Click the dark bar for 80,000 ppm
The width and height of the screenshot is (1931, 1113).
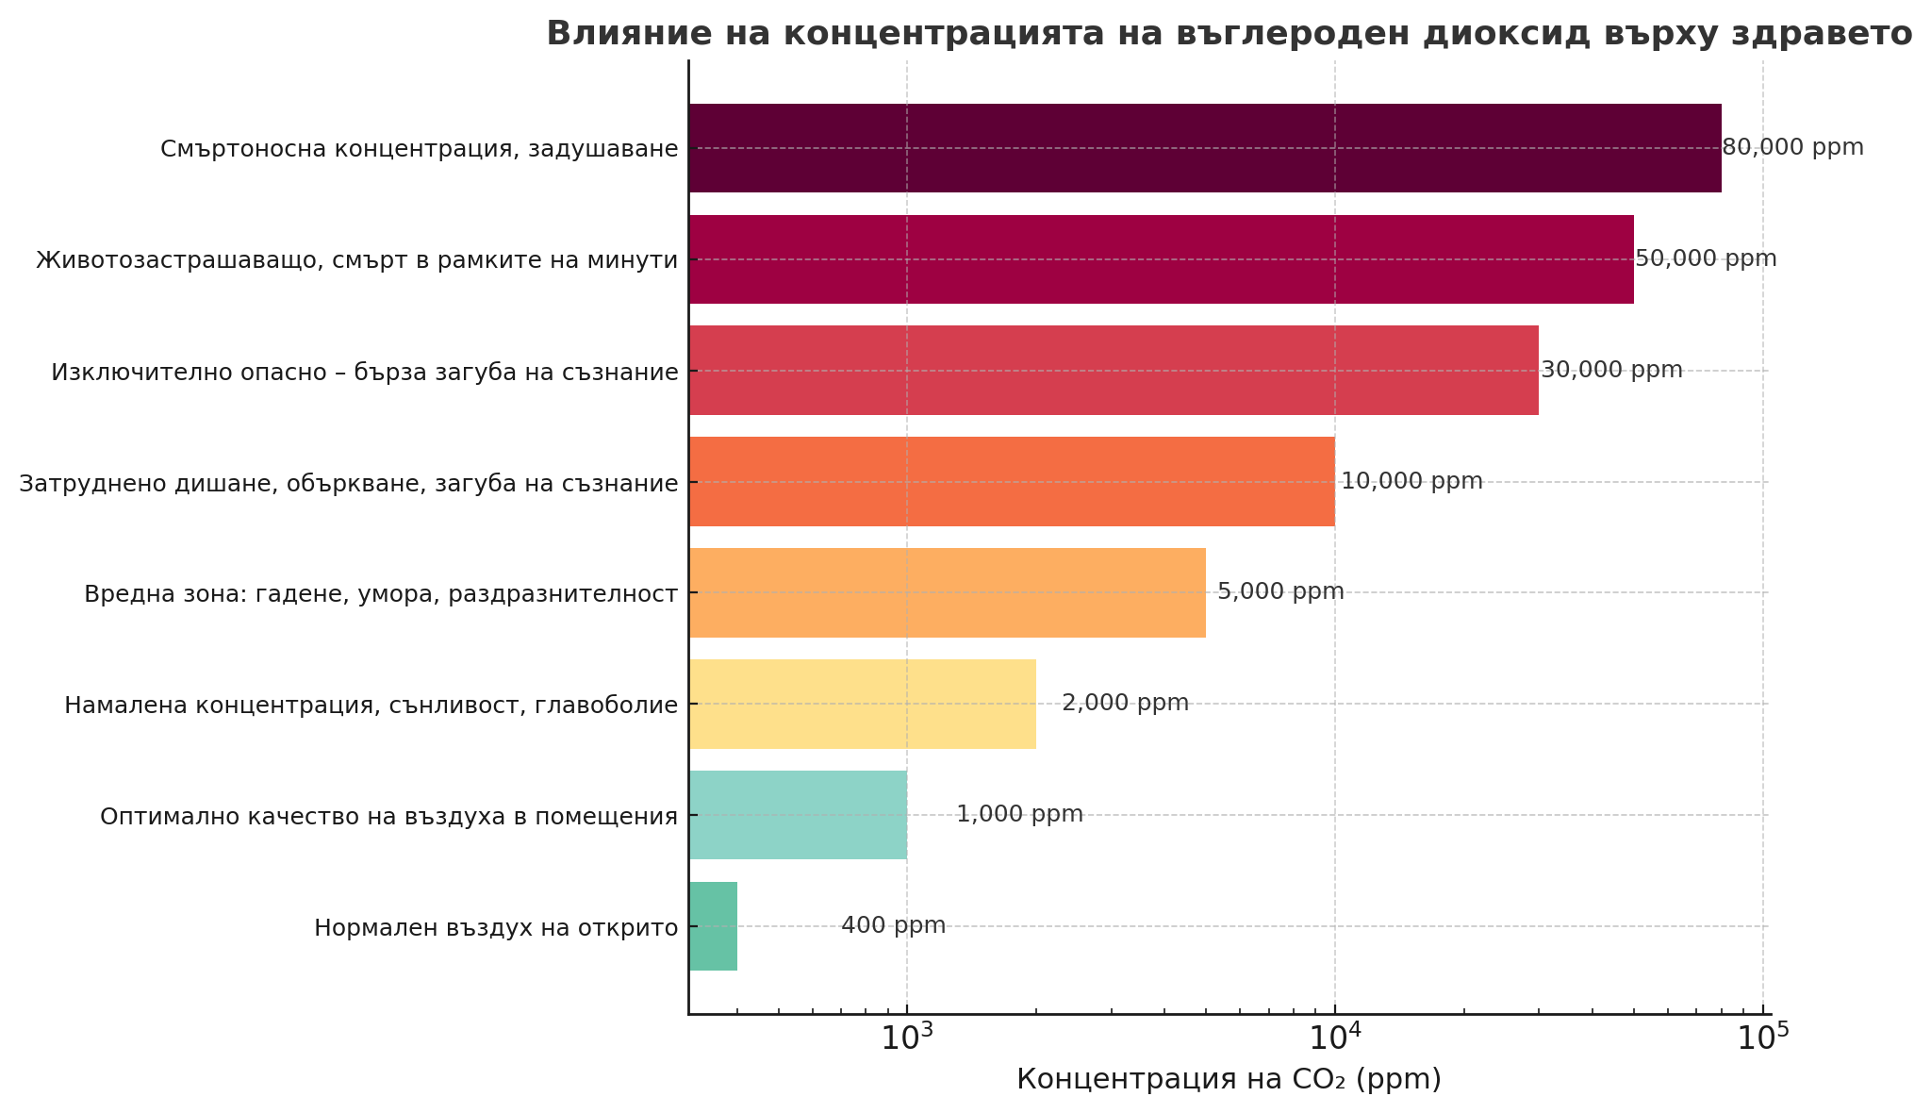(x=1204, y=148)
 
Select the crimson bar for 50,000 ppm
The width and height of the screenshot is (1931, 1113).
(x=1161, y=259)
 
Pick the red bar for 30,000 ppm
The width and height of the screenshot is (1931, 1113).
(x=1113, y=370)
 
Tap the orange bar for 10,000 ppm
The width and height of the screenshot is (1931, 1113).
(x=1011, y=481)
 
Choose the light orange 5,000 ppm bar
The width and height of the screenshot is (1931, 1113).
(x=947, y=592)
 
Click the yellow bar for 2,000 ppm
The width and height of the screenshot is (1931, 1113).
(x=862, y=704)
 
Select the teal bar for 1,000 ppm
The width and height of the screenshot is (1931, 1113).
(x=798, y=815)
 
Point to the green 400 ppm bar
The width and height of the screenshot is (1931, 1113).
(x=713, y=926)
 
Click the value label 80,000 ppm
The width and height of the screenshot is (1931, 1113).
(x=1792, y=148)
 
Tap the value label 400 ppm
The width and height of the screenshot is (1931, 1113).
(x=893, y=926)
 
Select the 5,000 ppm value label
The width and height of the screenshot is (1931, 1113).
(x=1280, y=592)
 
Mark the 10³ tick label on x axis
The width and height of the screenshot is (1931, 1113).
(x=907, y=1037)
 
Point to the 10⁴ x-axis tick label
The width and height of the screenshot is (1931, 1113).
(x=1335, y=1037)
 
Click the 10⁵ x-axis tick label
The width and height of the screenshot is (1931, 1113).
(x=1762, y=1037)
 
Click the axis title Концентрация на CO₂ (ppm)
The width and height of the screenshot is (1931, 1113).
(x=1229, y=1079)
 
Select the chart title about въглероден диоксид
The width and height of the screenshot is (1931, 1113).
(x=1229, y=34)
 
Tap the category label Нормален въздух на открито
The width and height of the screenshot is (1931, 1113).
(x=496, y=928)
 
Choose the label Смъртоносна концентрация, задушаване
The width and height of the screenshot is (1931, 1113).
(x=419, y=149)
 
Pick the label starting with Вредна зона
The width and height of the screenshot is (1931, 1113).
(x=381, y=594)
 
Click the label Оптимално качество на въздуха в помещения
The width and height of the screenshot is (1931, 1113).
(x=388, y=817)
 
